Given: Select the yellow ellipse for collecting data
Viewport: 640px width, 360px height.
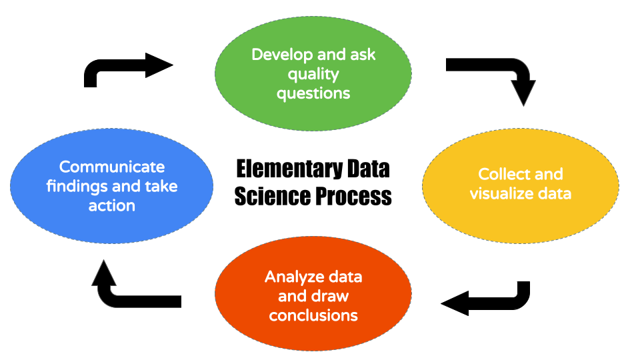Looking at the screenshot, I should pos(520,213).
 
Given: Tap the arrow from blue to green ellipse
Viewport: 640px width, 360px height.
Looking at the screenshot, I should pos(127,67).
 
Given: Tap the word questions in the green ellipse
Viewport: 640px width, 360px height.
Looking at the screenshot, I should pos(313,93).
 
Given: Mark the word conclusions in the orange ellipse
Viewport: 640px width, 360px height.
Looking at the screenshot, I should pos(313,315).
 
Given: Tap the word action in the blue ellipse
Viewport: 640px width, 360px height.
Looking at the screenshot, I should pos(112,205).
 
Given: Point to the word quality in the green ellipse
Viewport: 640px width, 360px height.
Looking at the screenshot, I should pos(313,74).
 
